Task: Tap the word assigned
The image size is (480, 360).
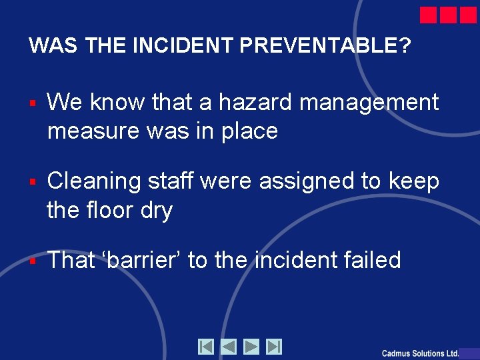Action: click(x=305, y=181)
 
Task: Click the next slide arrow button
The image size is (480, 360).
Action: click(x=251, y=347)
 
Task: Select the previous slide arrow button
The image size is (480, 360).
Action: click(x=229, y=347)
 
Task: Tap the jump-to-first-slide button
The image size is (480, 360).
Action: click(x=206, y=347)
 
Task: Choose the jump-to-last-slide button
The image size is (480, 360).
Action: click(x=274, y=347)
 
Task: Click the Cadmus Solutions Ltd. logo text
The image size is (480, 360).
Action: click(x=420, y=353)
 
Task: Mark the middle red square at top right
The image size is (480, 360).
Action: click(x=449, y=15)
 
